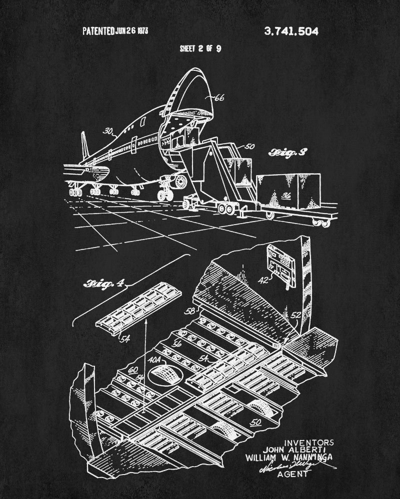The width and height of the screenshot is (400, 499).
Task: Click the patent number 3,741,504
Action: (x=290, y=31)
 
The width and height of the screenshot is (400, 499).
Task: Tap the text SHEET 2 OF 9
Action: (x=200, y=48)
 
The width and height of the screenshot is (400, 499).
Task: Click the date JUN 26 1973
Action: (x=131, y=31)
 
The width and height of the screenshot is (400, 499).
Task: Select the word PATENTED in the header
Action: (x=98, y=31)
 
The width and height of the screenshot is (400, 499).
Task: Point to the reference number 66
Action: (x=219, y=98)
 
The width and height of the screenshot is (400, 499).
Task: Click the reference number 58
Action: (x=190, y=311)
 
